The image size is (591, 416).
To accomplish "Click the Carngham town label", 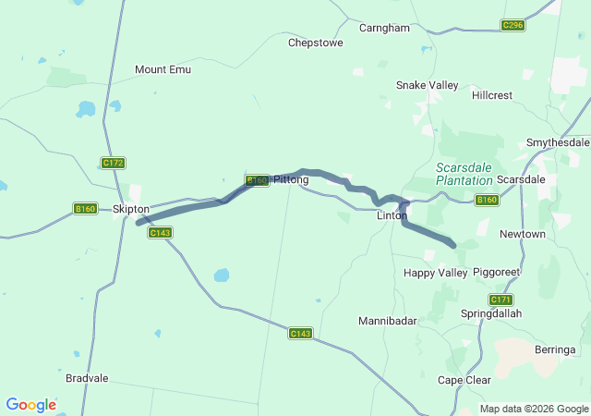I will [384, 28].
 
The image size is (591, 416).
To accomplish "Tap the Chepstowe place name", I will [316, 43].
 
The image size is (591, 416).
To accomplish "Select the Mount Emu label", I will [163, 69].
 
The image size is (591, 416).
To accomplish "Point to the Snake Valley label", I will [427, 85].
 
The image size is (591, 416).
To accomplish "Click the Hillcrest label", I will [491, 95].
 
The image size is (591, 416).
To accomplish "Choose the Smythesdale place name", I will [557, 142].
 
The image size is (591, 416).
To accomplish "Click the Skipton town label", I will [130, 209].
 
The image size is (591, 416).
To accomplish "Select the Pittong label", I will [291, 179].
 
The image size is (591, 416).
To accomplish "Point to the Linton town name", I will [392, 215].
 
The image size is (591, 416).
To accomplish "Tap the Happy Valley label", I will [435, 273].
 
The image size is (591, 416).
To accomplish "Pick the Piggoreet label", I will [497, 273].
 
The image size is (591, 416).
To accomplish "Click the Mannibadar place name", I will [388, 321].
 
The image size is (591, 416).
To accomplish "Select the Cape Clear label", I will [464, 380].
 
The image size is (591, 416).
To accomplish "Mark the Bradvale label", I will [87, 378].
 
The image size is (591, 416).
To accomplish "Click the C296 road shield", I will [513, 25].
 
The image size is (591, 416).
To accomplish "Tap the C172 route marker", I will [113, 163].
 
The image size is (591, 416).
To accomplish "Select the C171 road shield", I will [501, 300].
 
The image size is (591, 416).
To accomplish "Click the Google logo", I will [30, 405].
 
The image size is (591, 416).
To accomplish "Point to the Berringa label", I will [555, 349].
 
